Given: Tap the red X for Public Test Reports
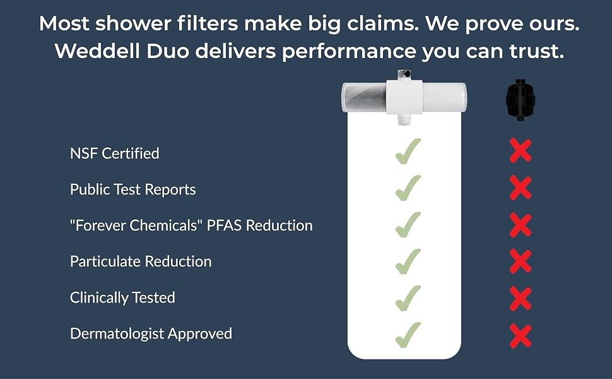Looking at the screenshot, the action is (521, 188).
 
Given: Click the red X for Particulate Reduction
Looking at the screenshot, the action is (521, 261).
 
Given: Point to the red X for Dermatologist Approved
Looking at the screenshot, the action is (521, 335).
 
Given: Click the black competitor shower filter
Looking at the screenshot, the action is (520, 100).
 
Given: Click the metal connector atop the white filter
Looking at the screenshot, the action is (404, 75).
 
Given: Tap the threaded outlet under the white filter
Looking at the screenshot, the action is (404, 119).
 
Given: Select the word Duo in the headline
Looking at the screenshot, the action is (168, 51).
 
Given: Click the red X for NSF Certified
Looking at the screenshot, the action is (521, 150).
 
